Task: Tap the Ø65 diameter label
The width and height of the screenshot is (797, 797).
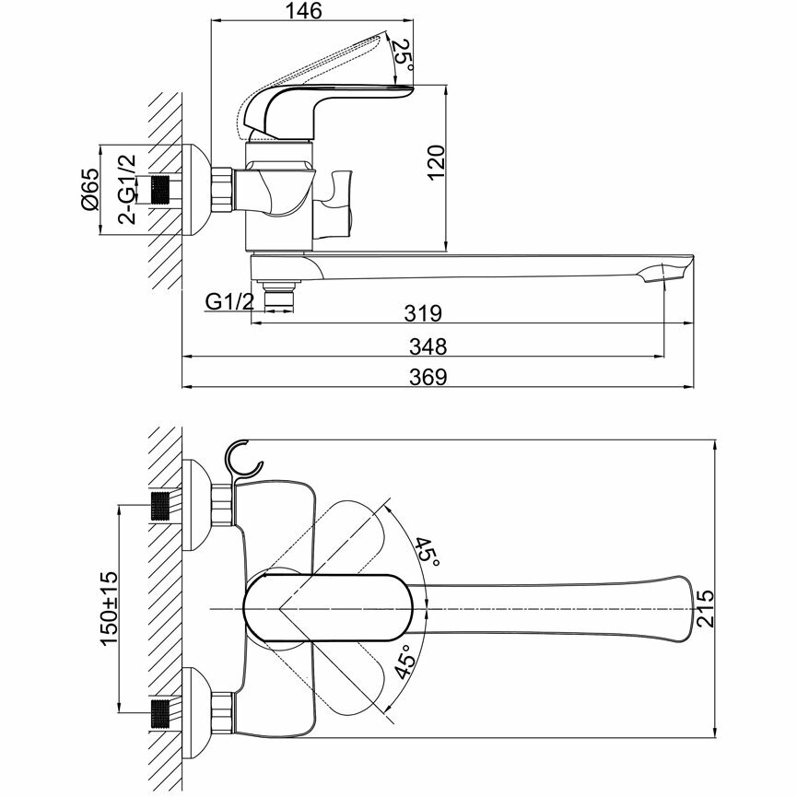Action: click(89, 191)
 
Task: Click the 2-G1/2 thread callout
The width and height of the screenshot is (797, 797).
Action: click(128, 190)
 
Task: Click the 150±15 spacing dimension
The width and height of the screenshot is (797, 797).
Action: click(109, 609)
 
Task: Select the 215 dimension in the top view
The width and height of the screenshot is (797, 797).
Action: click(707, 609)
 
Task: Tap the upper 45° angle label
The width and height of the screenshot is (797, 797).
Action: click(426, 553)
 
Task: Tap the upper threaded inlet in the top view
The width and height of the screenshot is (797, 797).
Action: click(160, 506)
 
